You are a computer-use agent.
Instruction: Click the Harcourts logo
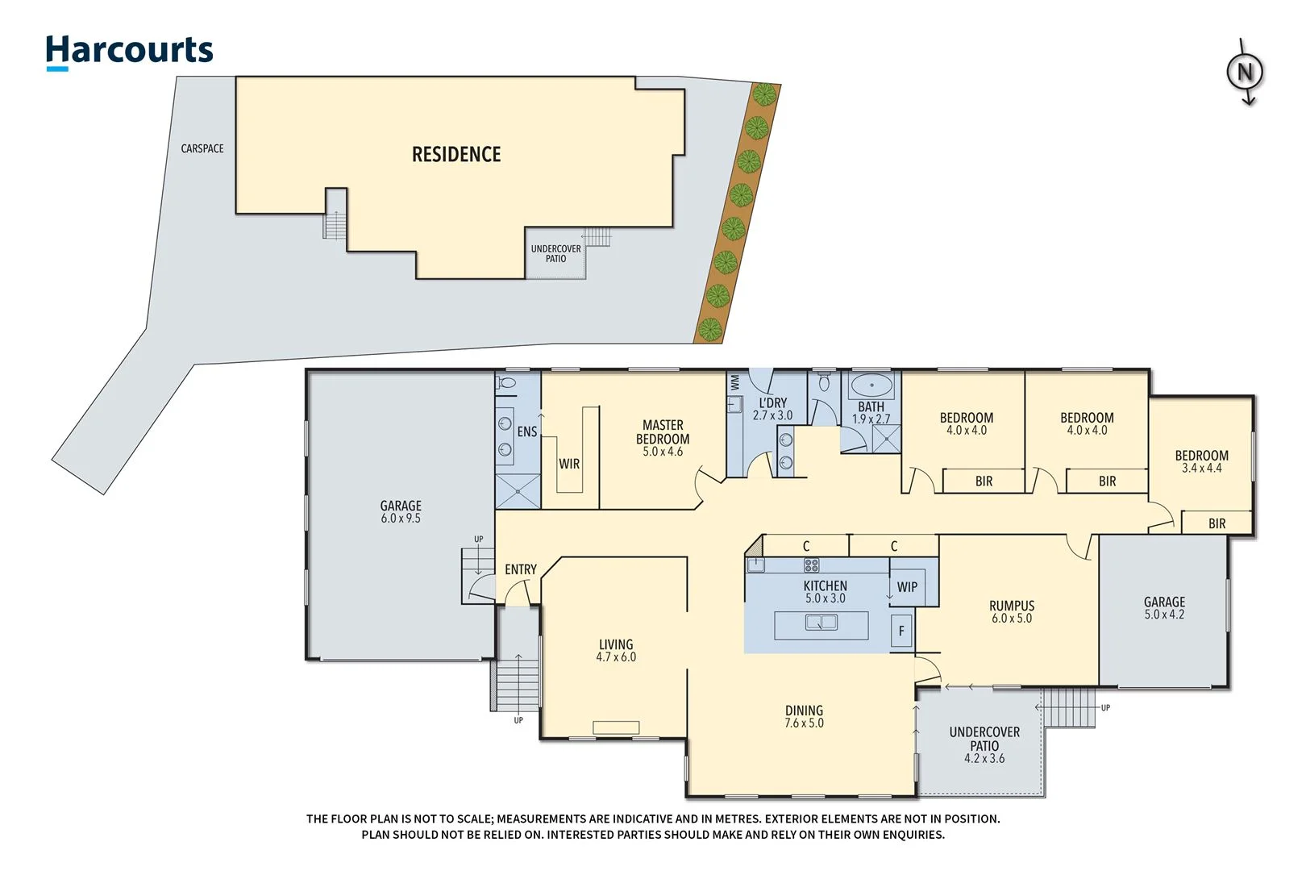[129, 51]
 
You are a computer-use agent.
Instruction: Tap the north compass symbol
[1245, 73]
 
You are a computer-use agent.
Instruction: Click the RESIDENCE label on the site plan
[456, 154]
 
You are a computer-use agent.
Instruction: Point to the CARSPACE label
[202, 148]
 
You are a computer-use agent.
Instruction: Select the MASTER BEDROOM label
[663, 432]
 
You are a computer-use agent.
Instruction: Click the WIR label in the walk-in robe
[569, 464]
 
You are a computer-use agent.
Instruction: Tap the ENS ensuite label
[526, 431]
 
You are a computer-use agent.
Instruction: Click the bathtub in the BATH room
[871, 384]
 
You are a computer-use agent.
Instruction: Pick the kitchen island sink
[821, 623]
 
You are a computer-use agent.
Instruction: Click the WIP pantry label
[907, 587]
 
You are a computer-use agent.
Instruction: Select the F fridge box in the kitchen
[901, 631]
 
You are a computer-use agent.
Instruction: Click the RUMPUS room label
[1012, 606]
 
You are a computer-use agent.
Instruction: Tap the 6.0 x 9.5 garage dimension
[401, 519]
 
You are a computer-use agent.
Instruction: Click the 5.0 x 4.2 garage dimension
[1164, 615]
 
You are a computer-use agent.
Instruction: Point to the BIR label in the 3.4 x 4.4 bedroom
[1217, 523]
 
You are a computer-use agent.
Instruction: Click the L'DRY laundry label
[772, 402]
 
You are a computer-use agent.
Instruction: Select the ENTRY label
[520, 569]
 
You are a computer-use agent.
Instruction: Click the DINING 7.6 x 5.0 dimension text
[804, 723]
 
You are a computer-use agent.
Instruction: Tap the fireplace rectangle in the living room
[616, 727]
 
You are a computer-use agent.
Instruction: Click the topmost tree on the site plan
[763, 94]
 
